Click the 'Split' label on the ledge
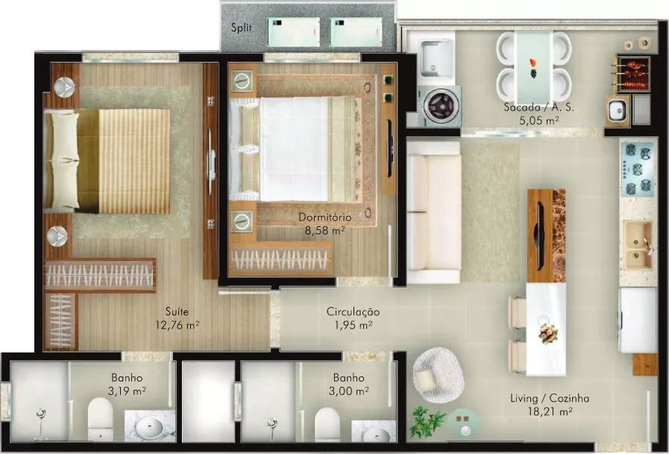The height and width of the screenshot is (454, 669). (x=242, y=28)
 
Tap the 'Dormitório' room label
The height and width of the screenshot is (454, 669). (x=324, y=217)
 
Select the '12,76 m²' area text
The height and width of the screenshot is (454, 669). (x=177, y=326)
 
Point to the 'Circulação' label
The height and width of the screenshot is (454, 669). (x=353, y=312)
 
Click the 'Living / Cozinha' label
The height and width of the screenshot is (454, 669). (x=550, y=399)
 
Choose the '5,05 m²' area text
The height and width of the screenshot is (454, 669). (x=539, y=120)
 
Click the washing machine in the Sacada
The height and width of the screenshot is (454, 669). (x=440, y=106)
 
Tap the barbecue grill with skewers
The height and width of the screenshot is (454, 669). (x=632, y=74)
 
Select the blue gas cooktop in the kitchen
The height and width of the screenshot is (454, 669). (x=638, y=169)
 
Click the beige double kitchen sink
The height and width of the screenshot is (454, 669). (x=638, y=246)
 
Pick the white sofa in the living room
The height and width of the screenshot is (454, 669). (x=433, y=212)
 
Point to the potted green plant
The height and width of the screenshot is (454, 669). (x=427, y=421)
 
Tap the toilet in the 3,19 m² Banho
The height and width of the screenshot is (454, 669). (x=100, y=419)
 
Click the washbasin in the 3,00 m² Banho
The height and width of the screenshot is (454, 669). (x=374, y=433)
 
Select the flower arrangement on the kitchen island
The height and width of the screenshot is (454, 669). (x=548, y=334)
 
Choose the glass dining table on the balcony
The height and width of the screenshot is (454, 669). (x=534, y=66)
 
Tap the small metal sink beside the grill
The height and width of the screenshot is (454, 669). (x=618, y=111)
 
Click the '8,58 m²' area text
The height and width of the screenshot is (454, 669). (x=324, y=231)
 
